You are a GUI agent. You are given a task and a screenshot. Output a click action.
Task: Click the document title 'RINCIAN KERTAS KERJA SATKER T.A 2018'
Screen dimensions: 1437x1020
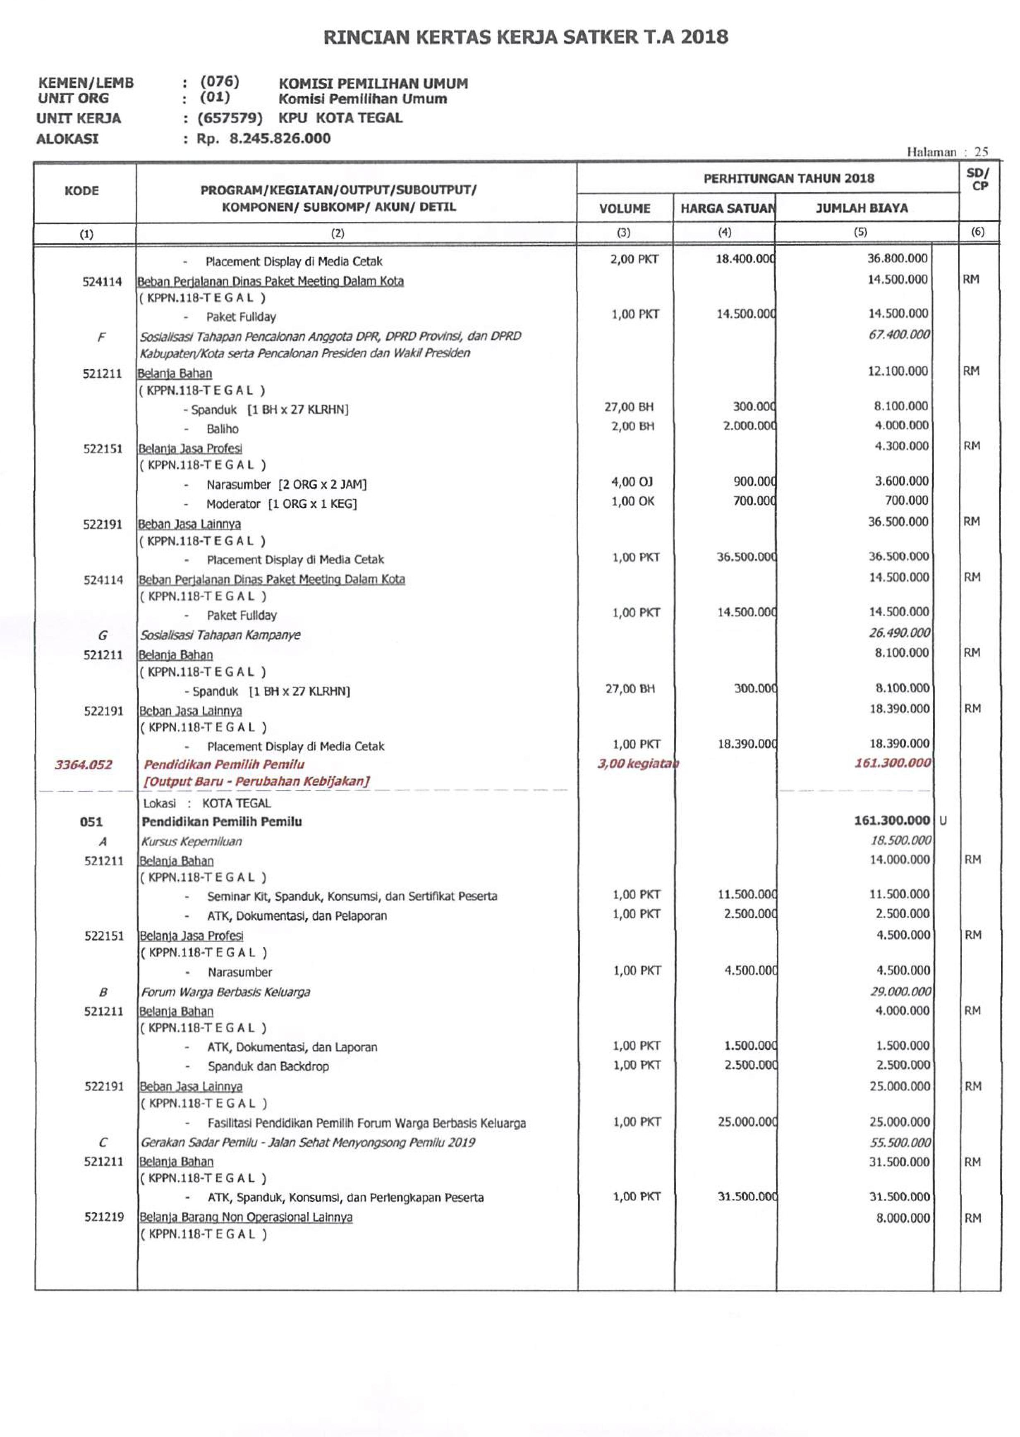click(526, 37)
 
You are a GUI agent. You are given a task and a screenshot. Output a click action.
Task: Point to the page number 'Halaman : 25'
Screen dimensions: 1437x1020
click(947, 152)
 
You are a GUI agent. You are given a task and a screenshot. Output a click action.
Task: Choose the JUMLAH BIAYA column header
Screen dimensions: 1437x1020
click(861, 208)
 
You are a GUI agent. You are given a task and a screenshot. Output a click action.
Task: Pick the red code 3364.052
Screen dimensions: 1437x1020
click(84, 764)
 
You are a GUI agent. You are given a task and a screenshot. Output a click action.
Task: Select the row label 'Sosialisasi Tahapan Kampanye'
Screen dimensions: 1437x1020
click(220, 635)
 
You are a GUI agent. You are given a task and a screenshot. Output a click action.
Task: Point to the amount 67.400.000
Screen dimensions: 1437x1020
click(899, 335)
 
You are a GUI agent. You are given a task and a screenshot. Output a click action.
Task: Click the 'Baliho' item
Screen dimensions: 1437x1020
click(223, 429)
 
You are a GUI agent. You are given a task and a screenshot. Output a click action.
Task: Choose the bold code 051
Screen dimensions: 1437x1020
click(91, 821)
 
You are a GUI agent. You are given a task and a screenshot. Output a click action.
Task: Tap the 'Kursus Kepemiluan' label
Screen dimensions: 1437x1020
click(192, 842)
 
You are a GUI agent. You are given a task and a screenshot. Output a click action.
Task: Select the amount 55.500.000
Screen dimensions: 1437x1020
click(900, 1142)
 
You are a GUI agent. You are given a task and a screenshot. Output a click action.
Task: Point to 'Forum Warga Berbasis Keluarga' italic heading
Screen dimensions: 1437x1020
click(225, 992)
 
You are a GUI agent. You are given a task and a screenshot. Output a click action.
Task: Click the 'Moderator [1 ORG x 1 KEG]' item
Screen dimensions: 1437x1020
click(281, 504)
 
